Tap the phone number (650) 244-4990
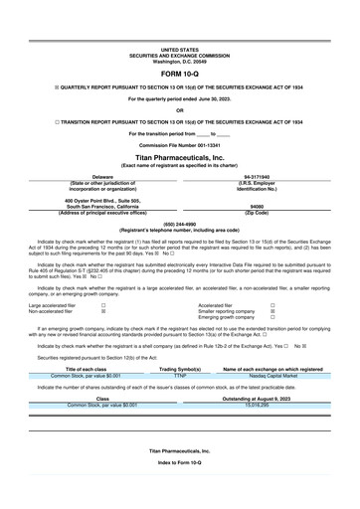pyautogui.click(x=180, y=224)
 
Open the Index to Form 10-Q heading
pyautogui.click(x=180, y=491)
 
